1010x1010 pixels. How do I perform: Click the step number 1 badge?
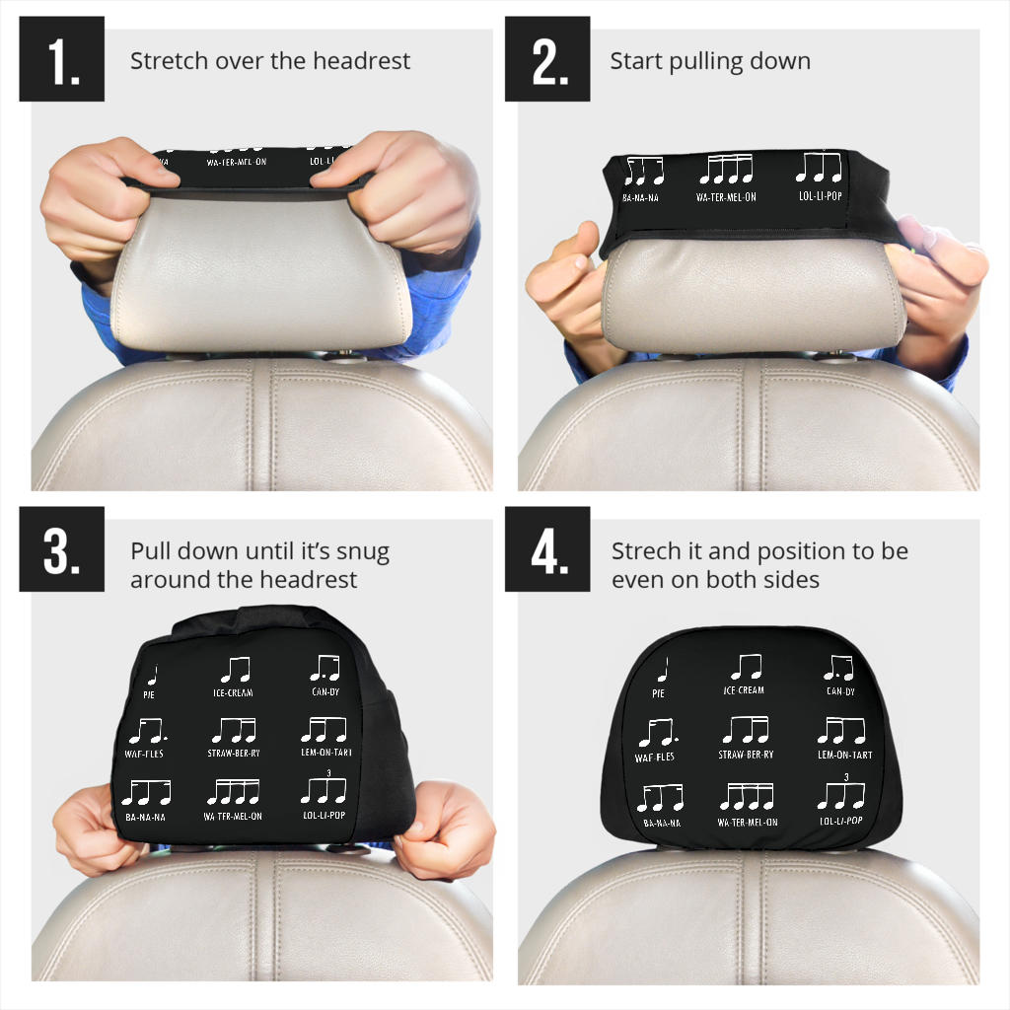click(x=61, y=59)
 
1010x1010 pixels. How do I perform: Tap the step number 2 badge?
click(x=547, y=59)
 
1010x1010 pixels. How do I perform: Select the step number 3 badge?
click(x=61, y=549)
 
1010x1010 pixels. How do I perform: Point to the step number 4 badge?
click(x=547, y=549)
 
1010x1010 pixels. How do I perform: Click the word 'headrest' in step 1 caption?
click(x=362, y=61)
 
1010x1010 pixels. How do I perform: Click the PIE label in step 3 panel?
click(x=149, y=694)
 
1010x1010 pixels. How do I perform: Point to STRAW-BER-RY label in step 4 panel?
click(x=746, y=756)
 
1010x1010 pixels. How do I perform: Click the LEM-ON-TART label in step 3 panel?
click(x=325, y=753)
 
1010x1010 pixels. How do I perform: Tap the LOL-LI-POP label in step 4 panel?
click(x=840, y=821)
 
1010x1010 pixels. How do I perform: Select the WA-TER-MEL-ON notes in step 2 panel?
click(x=726, y=171)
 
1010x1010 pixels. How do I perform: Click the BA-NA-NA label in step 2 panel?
click(x=641, y=198)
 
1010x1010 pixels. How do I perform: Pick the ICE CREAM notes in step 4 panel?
click(x=746, y=668)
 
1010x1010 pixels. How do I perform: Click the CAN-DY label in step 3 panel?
click(x=325, y=691)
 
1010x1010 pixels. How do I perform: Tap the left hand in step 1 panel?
click(x=94, y=197)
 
